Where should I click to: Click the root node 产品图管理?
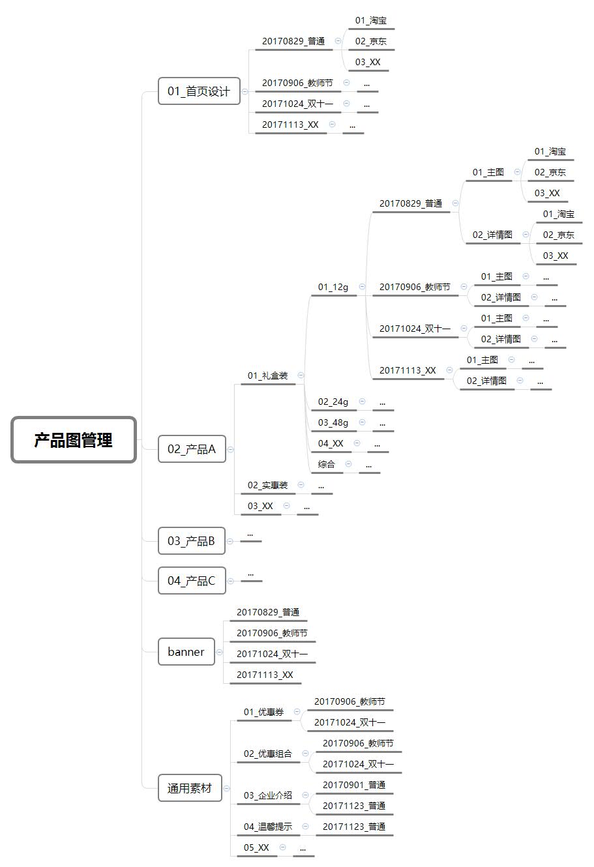[x=74, y=440]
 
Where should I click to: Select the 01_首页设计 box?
[x=199, y=91]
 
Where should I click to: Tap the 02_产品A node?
[x=192, y=449]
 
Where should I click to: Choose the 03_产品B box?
[x=192, y=541]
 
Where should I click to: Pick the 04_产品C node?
[x=192, y=581]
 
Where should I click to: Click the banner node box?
[x=186, y=652]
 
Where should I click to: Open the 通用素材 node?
[x=190, y=788]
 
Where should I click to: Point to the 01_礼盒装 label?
[x=267, y=375]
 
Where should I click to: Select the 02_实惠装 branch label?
[x=267, y=485]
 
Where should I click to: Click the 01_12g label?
[x=333, y=287]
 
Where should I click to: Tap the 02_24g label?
[x=333, y=402]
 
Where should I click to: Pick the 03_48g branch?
[x=333, y=422]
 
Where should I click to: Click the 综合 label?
[x=327, y=464]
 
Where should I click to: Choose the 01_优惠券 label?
[x=263, y=712]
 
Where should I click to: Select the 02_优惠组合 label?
[x=268, y=754]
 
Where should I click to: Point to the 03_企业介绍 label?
[x=268, y=795]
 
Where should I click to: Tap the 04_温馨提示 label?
[x=268, y=827]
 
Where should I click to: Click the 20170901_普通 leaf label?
[x=354, y=785]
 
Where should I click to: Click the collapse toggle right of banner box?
[x=219, y=652]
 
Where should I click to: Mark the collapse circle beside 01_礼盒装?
[x=301, y=375]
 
